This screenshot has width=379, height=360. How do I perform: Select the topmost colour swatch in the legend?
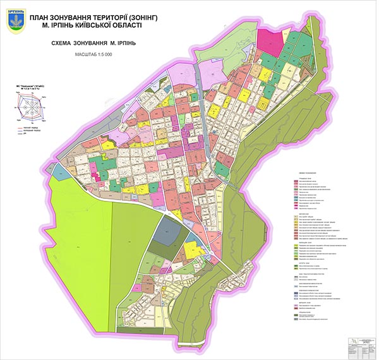296,181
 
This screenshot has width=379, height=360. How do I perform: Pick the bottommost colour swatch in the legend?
296,321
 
